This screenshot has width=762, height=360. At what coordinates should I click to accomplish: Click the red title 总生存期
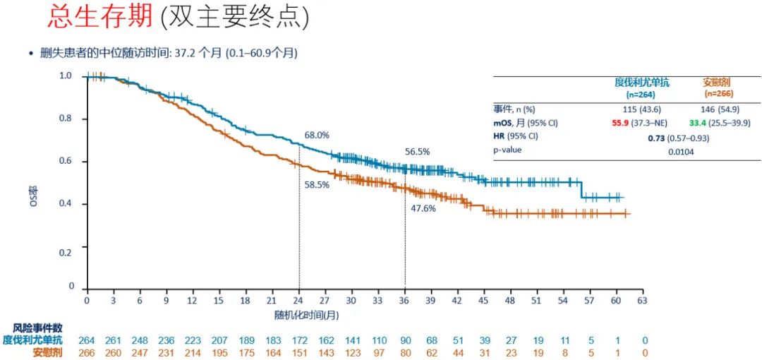(100, 18)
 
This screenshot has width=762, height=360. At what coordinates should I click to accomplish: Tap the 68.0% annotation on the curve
(317, 135)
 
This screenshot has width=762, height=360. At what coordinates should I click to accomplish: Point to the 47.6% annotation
(423, 208)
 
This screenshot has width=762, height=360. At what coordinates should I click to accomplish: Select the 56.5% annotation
(417, 151)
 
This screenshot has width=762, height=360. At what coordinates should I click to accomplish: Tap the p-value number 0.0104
(679, 151)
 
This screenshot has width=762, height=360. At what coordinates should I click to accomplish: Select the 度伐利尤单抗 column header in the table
(641, 83)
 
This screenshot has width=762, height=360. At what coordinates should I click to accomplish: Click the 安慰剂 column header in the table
(717, 83)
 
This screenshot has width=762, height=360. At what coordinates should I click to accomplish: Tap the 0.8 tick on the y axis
(66, 119)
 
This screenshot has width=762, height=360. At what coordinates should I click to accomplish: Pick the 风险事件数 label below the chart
(37, 328)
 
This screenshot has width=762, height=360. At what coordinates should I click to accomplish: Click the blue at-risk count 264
(87, 340)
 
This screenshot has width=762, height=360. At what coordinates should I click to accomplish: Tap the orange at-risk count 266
(87, 352)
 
